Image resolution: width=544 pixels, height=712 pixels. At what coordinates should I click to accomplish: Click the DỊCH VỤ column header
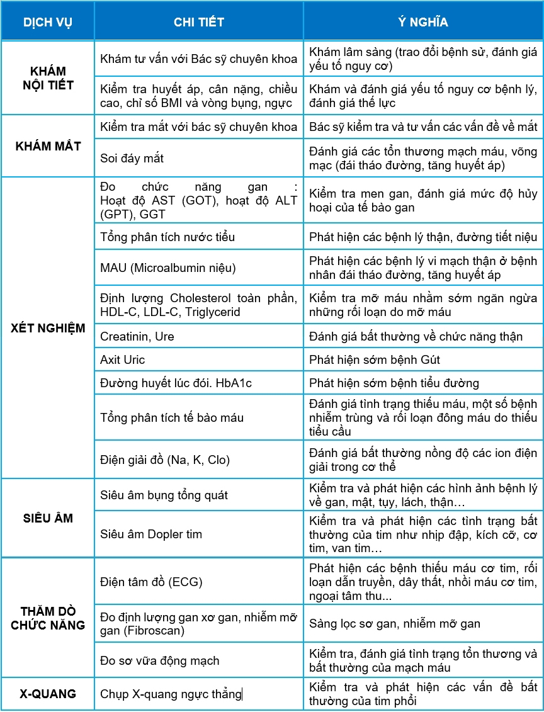(48, 22)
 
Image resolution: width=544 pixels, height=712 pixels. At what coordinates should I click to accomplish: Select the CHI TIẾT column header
(198, 22)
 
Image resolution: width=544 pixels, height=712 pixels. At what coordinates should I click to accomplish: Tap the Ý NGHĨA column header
(422, 22)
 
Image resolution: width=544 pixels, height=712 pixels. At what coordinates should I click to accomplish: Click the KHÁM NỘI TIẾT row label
(48, 78)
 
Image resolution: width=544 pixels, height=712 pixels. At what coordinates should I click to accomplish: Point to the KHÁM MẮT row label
(48, 146)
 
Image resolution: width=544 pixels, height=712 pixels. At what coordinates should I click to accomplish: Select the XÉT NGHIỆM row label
(48, 328)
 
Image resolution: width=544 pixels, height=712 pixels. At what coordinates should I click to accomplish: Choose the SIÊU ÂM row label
(48, 518)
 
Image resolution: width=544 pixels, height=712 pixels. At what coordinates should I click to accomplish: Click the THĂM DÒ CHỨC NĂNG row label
(48, 618)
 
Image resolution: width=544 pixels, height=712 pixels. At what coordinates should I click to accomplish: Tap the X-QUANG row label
(48, 694)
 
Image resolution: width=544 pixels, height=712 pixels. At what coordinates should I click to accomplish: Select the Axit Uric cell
(122, 360)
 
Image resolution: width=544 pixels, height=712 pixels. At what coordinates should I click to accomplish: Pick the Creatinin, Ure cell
(137, 337)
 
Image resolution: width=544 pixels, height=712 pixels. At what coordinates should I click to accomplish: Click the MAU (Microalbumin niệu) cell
(167, 268)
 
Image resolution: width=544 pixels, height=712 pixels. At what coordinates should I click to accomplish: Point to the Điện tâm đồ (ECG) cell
(151, 582)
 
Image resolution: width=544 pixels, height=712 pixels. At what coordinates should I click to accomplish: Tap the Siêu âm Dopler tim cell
(151, 534)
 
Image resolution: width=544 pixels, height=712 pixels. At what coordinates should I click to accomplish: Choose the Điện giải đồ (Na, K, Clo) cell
(165, 460)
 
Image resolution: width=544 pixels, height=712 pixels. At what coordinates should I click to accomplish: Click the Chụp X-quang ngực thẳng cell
(171, 694)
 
